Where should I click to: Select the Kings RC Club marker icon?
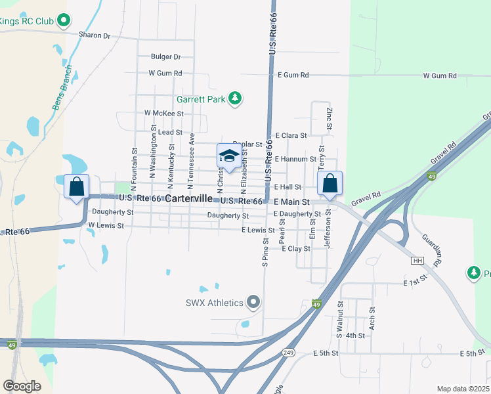click(x=64, y=21)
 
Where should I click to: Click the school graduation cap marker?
click(x=228, y=156)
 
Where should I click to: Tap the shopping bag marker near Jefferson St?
click(x=330, y=183)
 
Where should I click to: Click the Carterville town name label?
click(x=188, y=198)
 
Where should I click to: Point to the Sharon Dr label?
click(x=95, y=35)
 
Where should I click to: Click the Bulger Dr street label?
click(x=165, y=57)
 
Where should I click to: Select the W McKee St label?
click(x=164, y=113)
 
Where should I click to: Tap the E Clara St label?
click(x=291, y=135)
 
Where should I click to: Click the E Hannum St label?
click(x=296, y=159)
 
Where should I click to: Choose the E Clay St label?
click(x=295, y=249)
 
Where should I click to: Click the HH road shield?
click(x=417, y=261)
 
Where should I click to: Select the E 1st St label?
click(x=416, y=283)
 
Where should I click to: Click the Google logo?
click(x=22, y=386)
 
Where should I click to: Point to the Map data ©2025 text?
click(x=462, y=389)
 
